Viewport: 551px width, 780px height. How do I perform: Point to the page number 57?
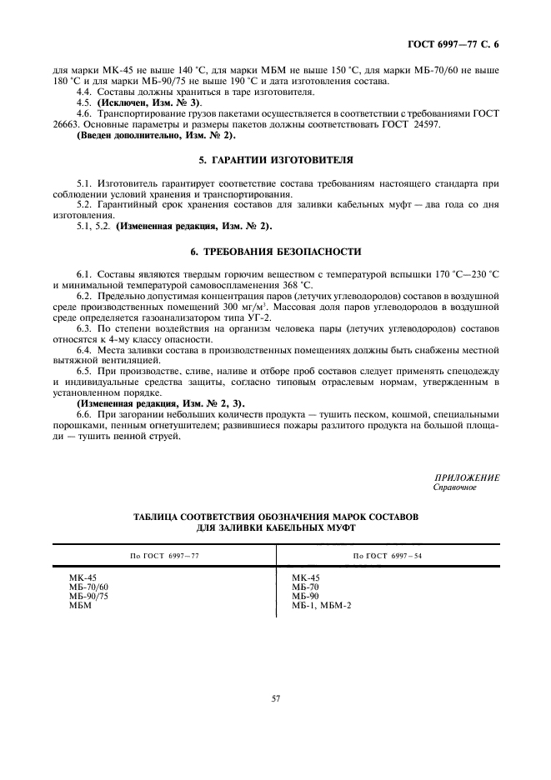[x=275, y=697]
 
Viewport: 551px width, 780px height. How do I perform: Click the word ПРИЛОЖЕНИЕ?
[x=467, y=477]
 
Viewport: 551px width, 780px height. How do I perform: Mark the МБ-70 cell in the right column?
[x=305, y=587]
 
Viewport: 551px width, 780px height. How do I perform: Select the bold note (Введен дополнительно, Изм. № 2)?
[x=157, y=134]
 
